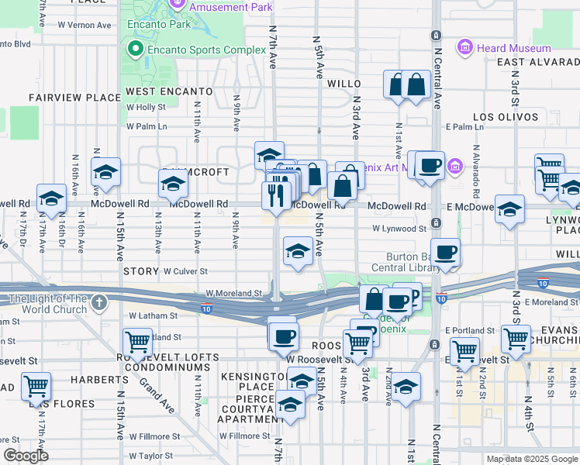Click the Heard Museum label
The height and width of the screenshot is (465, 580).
click(x=513, y=48)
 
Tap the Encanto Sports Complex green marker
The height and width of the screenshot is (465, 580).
click(x=135, y=50)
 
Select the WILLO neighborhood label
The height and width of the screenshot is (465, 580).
click(x=345, y=83)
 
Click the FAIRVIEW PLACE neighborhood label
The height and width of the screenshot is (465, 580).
click(x=74, y=98)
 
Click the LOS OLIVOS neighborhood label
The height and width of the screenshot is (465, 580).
click(x=506, y=117)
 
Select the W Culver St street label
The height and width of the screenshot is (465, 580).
click(x=185, y=272)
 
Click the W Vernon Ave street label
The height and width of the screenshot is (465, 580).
click(x=85, y=25)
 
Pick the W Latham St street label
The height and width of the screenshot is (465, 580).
click(x=154, y=315)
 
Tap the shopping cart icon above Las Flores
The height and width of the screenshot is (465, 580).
click(x=36, y=385)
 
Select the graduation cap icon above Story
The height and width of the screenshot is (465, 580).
click(x=298, y=251)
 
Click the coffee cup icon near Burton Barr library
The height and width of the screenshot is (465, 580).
click(x=445, y=253)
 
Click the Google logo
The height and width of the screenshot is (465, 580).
click(x=26, y=456)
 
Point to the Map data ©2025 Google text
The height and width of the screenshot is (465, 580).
click(x=531, y=459)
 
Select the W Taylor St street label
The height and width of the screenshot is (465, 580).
click(x=155, y=456)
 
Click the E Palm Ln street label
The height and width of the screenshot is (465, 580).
click(x=464, y=126)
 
